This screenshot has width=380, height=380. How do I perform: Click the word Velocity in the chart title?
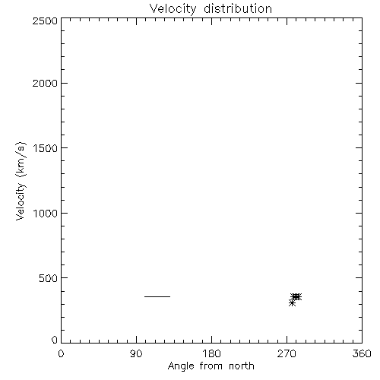coord(173,9)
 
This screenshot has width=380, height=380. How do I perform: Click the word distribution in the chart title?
coord(238,8)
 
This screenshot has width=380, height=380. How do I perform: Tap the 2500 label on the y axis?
coord(45,21)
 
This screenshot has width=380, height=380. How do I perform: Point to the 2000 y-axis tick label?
coord(45,84)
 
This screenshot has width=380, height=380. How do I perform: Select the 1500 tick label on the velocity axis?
coord(46,148)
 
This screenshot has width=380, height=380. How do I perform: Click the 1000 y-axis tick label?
coord(46,214)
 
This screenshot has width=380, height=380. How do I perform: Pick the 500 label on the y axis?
coord(49,278)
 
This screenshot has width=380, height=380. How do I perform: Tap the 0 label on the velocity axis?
coord(55,340)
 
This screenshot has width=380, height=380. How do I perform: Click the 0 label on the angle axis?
coord(61,353)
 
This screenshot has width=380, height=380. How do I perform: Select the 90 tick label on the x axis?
coord(136,353)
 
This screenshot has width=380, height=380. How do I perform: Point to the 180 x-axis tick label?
coord(211,353)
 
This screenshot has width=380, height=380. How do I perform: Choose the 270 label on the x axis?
coord(287,353)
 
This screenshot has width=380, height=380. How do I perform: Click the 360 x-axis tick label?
coord(362,353)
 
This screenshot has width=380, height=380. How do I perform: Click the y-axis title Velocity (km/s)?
coord(21,181)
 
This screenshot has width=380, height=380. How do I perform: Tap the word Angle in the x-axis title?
coord(181,366)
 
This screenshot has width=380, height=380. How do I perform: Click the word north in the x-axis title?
coord(242,366)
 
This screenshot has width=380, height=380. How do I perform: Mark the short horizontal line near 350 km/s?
coord(157,296)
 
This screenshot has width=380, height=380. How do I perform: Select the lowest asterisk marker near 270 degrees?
coord(292,302)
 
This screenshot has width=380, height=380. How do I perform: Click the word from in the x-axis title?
coord(211,366)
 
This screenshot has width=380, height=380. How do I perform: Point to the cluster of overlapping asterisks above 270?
coord(296,296)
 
